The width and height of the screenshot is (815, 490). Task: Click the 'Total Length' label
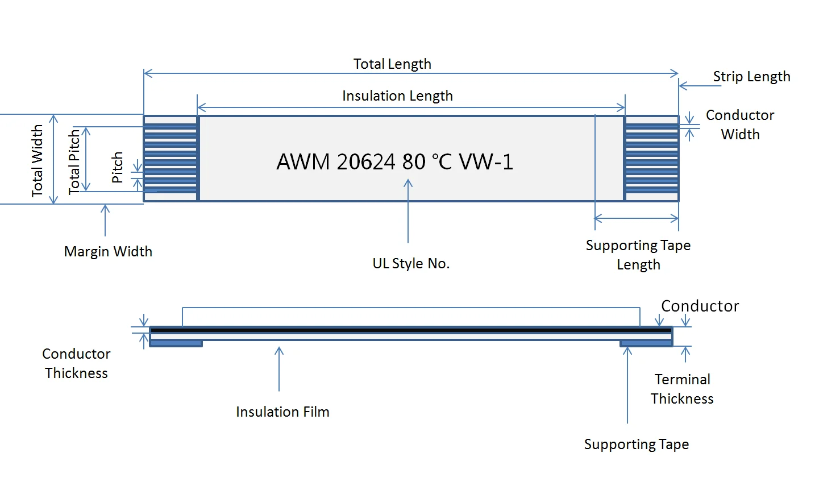[392, 64]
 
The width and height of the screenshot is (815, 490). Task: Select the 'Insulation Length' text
[397, 95]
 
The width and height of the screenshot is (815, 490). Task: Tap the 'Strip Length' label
[751, 76]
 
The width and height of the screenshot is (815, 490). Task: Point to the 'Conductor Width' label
[740, 124]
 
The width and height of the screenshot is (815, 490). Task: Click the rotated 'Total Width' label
[38, 161]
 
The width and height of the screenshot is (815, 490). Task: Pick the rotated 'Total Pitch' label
[74, 161]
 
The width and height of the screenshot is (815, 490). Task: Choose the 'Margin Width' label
[108, 251]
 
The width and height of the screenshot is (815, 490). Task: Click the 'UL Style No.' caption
[411, 263]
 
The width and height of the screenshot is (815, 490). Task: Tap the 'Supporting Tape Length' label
[638, 255]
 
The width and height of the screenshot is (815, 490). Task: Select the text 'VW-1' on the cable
[486, 162]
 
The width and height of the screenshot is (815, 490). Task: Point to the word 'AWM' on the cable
[303, 162]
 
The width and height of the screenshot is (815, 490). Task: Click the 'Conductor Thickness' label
[76, 363]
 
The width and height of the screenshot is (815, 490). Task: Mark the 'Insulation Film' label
[282, 412]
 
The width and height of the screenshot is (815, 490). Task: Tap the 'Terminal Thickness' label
[682, 389]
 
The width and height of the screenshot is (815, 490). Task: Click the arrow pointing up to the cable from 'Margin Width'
[105, 221]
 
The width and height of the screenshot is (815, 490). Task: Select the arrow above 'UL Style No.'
[408, 210]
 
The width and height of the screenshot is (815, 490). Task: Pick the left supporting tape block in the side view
[176, 343]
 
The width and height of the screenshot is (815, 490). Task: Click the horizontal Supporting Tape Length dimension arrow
[637, 218]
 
